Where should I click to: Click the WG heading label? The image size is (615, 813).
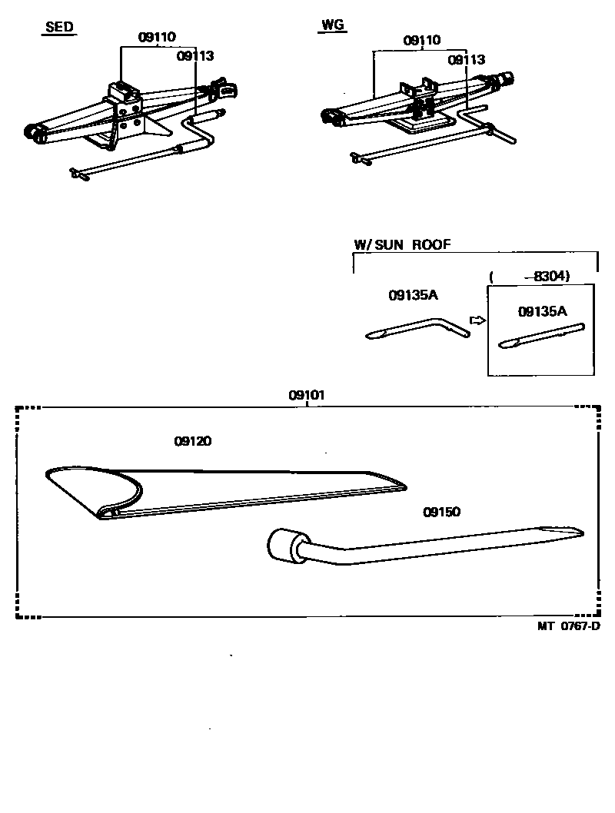click(331, 26)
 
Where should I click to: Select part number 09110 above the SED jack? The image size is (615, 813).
click(157, 37)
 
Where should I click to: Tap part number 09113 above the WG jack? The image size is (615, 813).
click(467, 59)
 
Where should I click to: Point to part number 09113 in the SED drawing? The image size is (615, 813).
click(194, 55)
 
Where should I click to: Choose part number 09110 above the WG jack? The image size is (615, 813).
click(422, 41)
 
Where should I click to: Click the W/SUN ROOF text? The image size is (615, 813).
click(402, 245)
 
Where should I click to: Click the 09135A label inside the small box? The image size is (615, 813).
click(542, 311)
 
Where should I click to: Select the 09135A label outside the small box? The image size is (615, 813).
click(413, 294)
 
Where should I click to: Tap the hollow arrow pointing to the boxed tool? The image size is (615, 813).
click(477, 320)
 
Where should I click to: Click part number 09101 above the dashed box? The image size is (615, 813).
click(307, 395)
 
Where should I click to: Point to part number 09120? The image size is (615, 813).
click(193, 441)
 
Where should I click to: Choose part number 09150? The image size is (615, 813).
click(441, 512)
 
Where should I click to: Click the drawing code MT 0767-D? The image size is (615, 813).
click(569, 626)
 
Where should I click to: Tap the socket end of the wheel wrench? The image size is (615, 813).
click(281, 546)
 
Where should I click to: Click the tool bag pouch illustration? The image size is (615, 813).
click(231, 492)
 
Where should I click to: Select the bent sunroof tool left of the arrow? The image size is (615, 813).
click(416, 330)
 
